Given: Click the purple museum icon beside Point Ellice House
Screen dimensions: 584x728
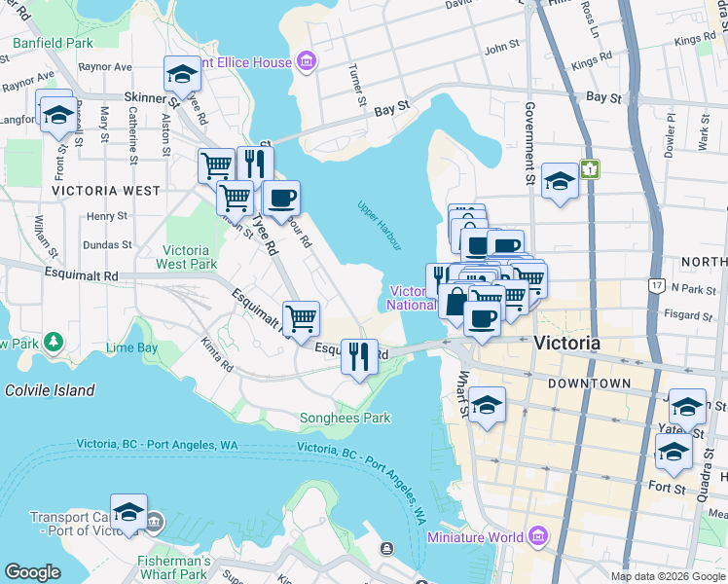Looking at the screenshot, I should [308, 62].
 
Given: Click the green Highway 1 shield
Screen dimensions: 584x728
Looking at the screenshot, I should [589, 169].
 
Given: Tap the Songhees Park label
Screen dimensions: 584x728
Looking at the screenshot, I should [343, 418].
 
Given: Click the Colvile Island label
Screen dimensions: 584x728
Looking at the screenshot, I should [50, 390].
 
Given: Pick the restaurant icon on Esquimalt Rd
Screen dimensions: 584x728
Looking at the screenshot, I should [359, 357].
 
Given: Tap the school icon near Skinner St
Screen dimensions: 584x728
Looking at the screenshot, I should [181, 74].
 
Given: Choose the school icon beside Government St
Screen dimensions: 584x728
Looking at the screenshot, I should [560, 181].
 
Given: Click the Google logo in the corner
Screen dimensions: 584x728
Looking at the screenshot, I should [33, 572].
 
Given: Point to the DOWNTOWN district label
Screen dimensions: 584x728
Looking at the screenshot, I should [589, 383].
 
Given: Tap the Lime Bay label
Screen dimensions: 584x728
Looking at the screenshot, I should [131, 347].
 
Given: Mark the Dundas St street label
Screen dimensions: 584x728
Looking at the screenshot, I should [106, 245].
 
